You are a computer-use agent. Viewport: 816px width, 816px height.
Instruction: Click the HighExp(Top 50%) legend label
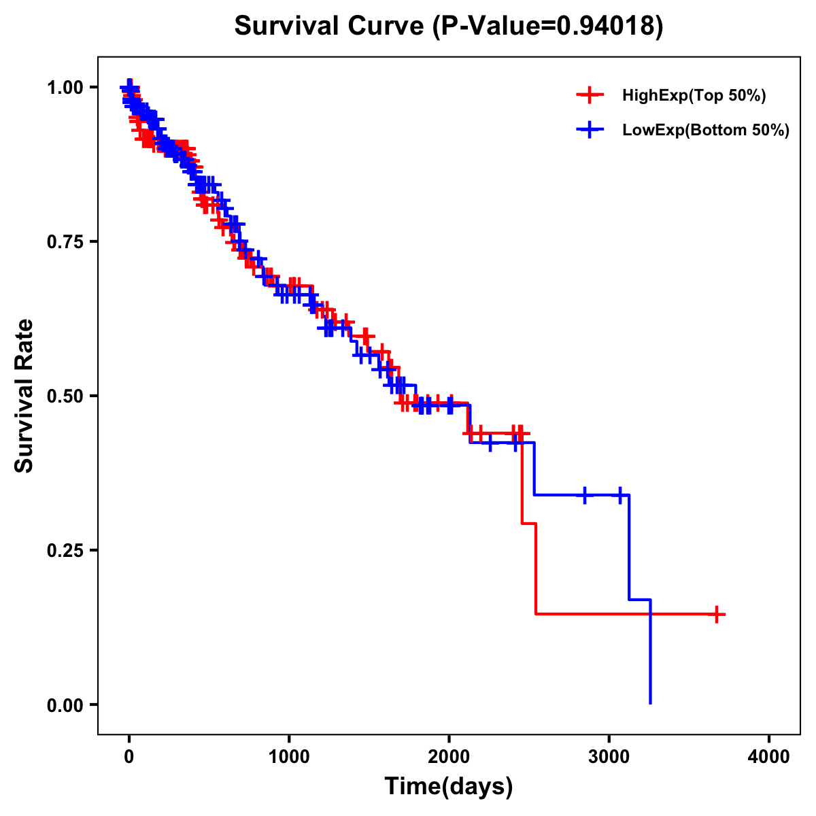click(x=694, y=96)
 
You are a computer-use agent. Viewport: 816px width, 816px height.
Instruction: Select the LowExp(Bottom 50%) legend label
click(x=706, y=131)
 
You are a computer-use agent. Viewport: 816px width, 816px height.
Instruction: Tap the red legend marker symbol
click(x=590, y=96)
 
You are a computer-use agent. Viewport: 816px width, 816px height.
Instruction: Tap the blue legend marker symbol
click(x=590, y=131)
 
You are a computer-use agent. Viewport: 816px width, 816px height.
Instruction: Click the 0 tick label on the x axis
click(x=129, y=757)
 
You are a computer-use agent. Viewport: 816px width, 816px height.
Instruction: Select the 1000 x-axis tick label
click(x=289, y=757)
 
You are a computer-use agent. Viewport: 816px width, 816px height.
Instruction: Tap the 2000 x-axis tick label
click(x=449, y=757)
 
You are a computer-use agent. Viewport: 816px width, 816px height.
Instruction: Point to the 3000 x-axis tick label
click(x=609, y=757)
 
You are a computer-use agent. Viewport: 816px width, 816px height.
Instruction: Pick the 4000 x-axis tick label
click(x=769, y=757)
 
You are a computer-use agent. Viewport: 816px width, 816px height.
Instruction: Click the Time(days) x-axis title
click(x=449, y=787)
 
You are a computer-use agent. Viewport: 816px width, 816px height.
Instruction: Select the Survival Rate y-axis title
click(x=24, y=396)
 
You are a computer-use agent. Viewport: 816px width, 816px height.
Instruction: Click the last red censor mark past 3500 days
click(x=716, y=614)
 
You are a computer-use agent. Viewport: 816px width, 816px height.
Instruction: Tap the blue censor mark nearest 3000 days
click(x=620, y=495)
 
